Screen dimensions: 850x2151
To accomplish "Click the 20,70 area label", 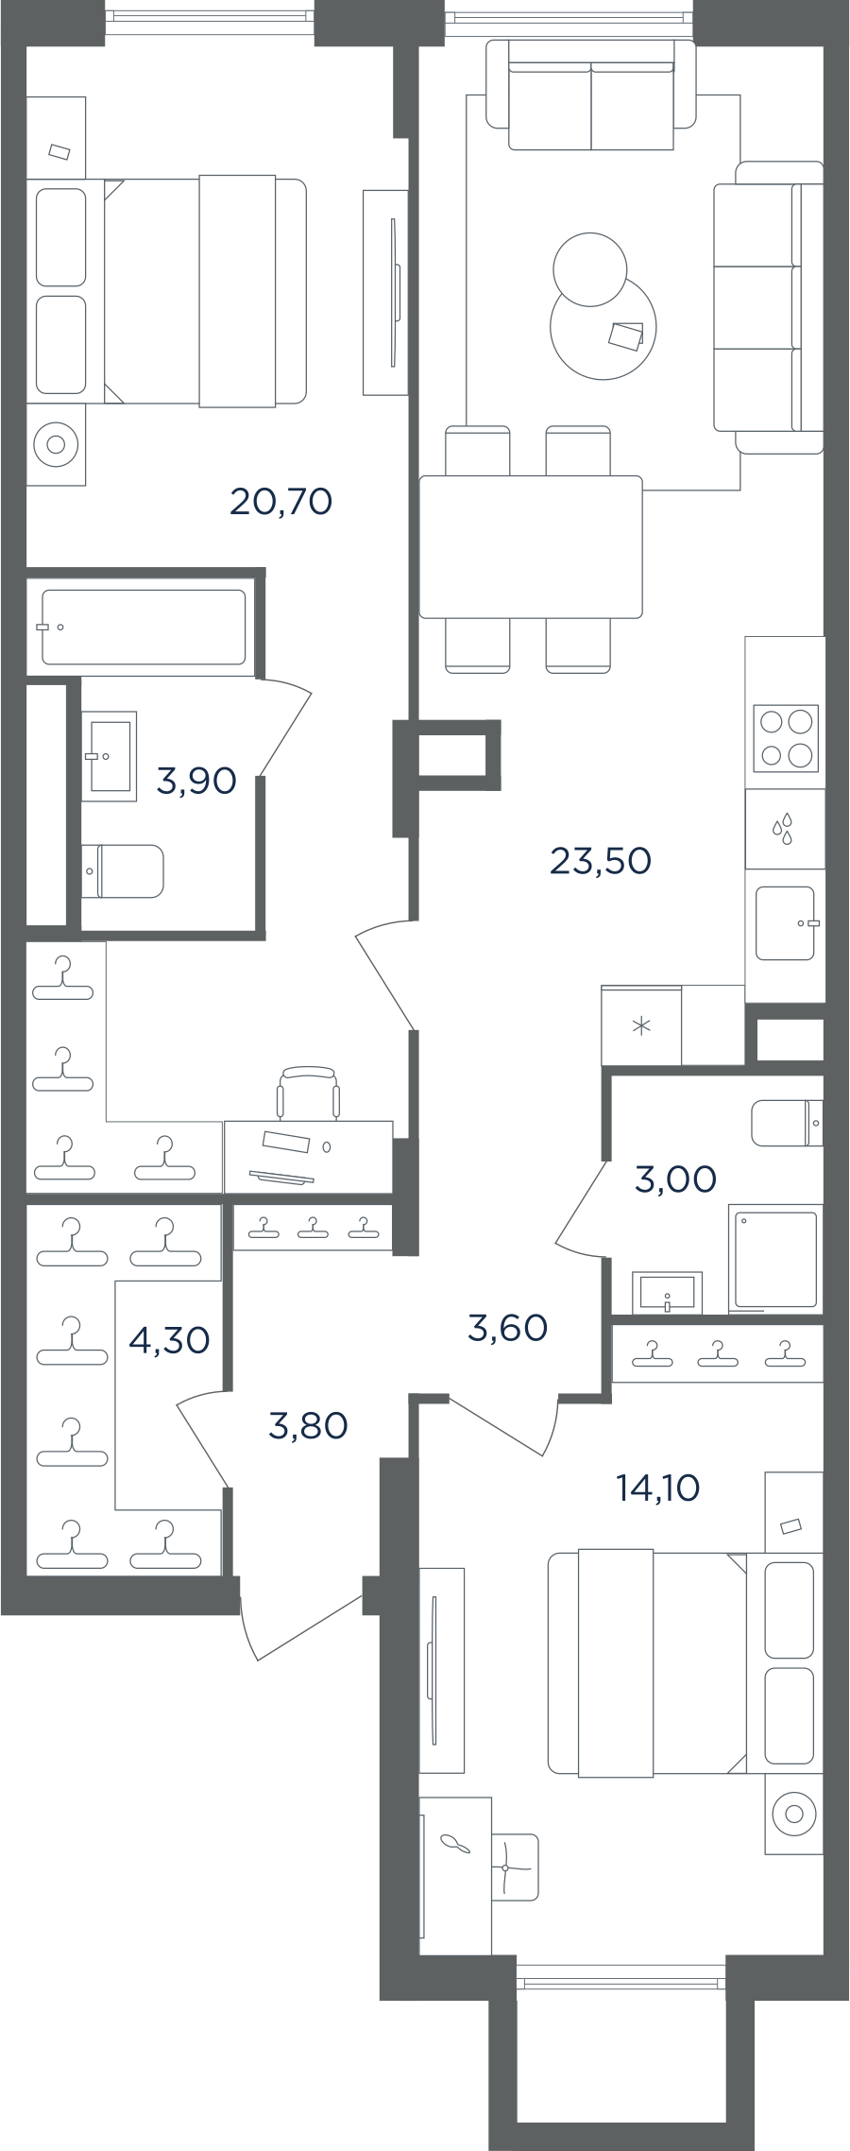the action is [281, 501].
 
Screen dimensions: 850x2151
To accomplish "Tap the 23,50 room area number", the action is [601, 861].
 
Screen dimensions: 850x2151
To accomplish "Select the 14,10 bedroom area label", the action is [658, 1488].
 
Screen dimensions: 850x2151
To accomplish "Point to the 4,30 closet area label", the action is [169, 1340].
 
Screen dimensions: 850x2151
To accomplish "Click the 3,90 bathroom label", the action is [196, 782].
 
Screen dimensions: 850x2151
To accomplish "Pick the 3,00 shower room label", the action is [676, 1179].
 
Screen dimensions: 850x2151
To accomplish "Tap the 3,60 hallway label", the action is [508, 1328].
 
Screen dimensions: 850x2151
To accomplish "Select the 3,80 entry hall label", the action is [309, 1425].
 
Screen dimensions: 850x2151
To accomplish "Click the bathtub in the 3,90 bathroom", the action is [144, 627].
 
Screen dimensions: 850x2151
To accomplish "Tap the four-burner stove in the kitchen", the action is [786, 738].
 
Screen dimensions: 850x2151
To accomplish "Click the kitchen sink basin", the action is [786, 923].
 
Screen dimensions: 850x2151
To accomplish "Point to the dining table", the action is [531, 547].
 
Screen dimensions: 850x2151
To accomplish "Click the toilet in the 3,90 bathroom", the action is [123, 871].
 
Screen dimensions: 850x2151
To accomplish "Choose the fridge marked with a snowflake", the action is [642, 1026].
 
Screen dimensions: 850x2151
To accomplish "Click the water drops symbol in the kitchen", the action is [783, 829].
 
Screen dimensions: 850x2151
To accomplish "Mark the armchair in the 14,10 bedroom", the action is [515, 1867].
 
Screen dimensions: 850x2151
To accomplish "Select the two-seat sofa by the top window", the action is [591, 95].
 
